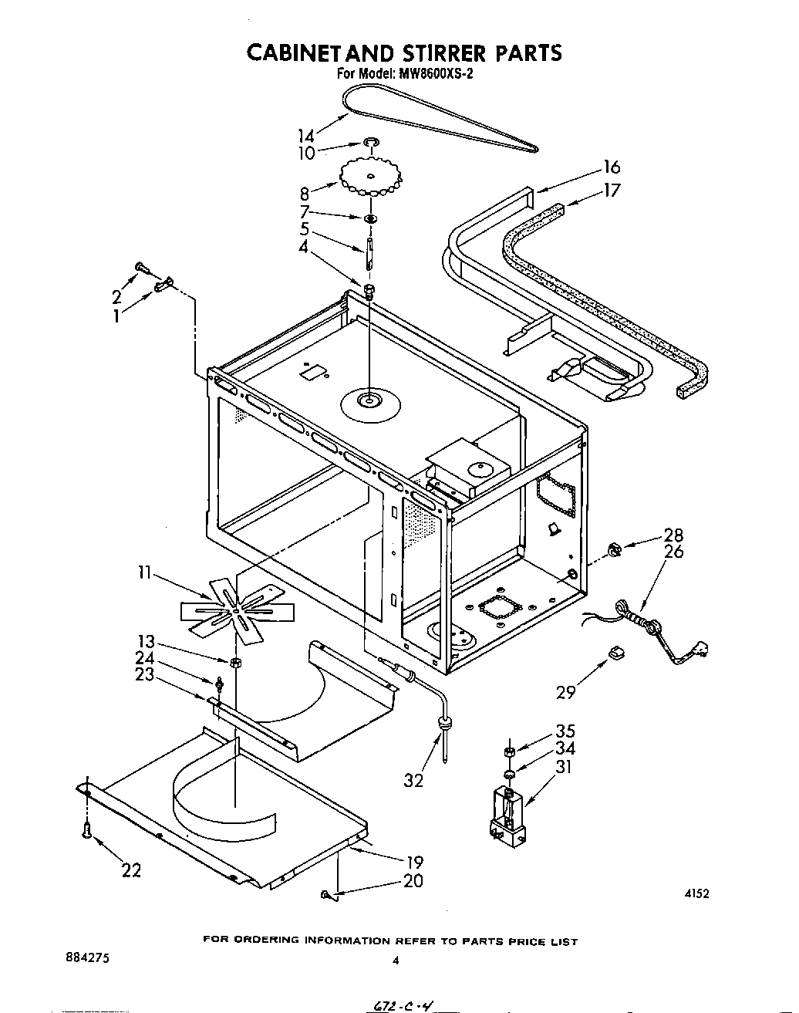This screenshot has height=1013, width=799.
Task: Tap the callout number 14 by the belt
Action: (306, 135)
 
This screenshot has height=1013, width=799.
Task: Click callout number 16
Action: (611, 167)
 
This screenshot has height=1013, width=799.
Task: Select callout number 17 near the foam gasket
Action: (611, 190)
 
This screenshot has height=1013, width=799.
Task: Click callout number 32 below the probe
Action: (413, 780)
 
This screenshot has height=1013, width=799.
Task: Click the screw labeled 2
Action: (141, 267)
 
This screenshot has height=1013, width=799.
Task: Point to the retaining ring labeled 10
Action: (372, 142)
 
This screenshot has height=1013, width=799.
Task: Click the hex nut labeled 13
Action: (234, 662)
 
